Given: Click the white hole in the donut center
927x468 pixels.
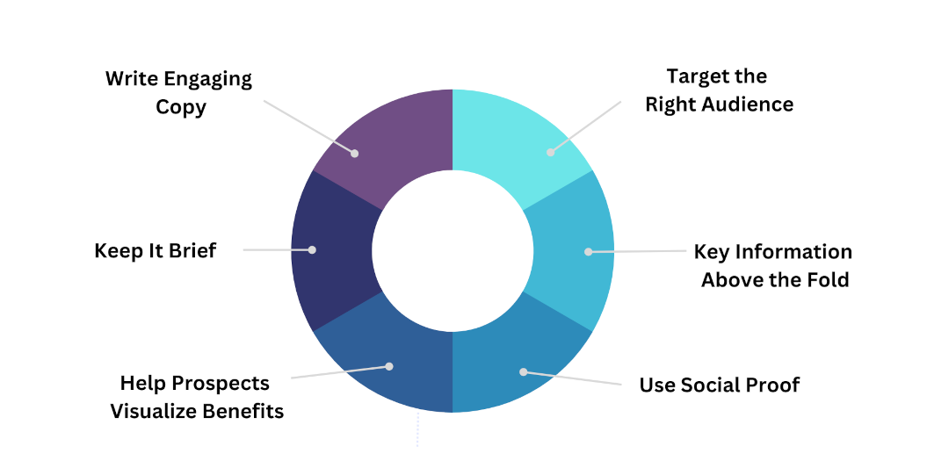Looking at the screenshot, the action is click(x=453, y=250).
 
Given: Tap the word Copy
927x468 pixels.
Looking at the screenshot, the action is click(x=181, y=108).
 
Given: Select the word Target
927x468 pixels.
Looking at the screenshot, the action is click(x=694, y=76).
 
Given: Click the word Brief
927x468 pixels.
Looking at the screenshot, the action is click(x=192, y=250).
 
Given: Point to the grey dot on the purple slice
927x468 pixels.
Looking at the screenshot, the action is click(x=355, y=153).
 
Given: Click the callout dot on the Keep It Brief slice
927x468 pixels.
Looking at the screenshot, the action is click(x=312, y=250).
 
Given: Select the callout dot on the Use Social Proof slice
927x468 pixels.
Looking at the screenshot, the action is click(x=523, y=371).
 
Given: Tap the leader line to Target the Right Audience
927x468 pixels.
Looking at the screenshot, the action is click(x=586, y=126).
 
